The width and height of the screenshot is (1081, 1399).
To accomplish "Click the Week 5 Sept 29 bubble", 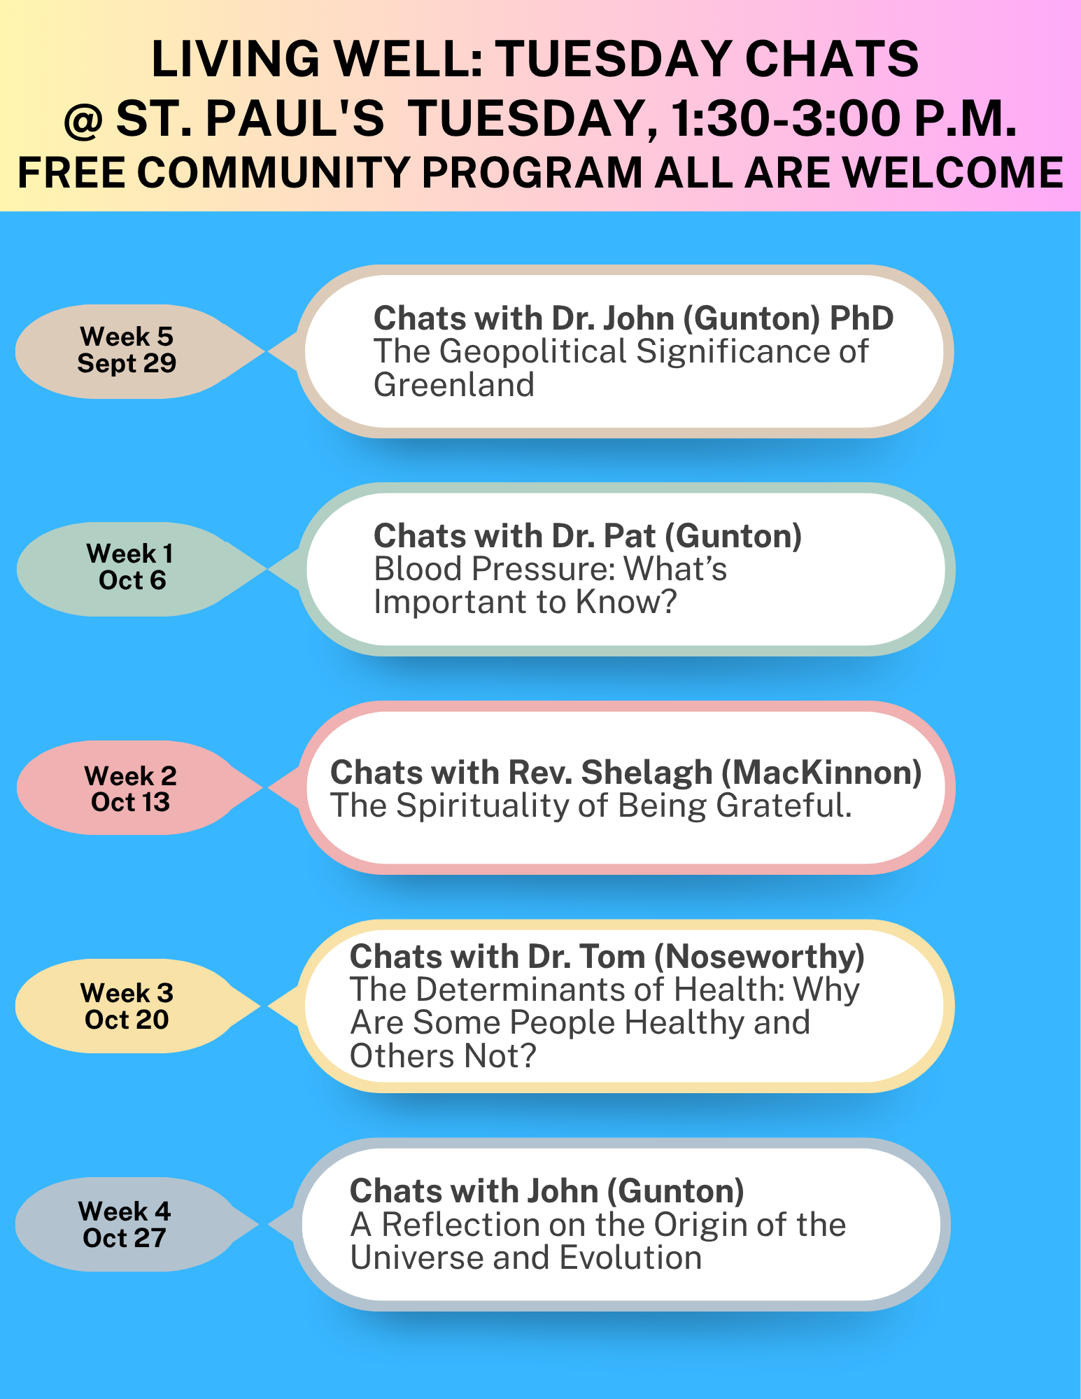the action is [x=133, y=351].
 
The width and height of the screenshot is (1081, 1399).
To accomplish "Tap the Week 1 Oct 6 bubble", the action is [x=133, y=569].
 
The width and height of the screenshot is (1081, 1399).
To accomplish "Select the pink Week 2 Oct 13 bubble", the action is [x=133, y=787].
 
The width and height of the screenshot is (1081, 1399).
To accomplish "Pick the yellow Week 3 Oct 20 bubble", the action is [x=133, y=1006].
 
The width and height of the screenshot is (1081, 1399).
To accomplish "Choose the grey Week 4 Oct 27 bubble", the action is [x=133, y=1224].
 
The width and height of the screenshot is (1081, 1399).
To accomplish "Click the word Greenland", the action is [x=454, y=385].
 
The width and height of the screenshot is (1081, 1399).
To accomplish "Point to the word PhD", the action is [x=861, y=318].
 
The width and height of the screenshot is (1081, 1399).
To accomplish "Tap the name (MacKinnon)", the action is [x=821, y=773].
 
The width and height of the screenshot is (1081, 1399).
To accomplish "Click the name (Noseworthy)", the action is [x=759, y=957].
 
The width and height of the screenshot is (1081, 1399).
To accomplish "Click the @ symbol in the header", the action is [x=83, y=120].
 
